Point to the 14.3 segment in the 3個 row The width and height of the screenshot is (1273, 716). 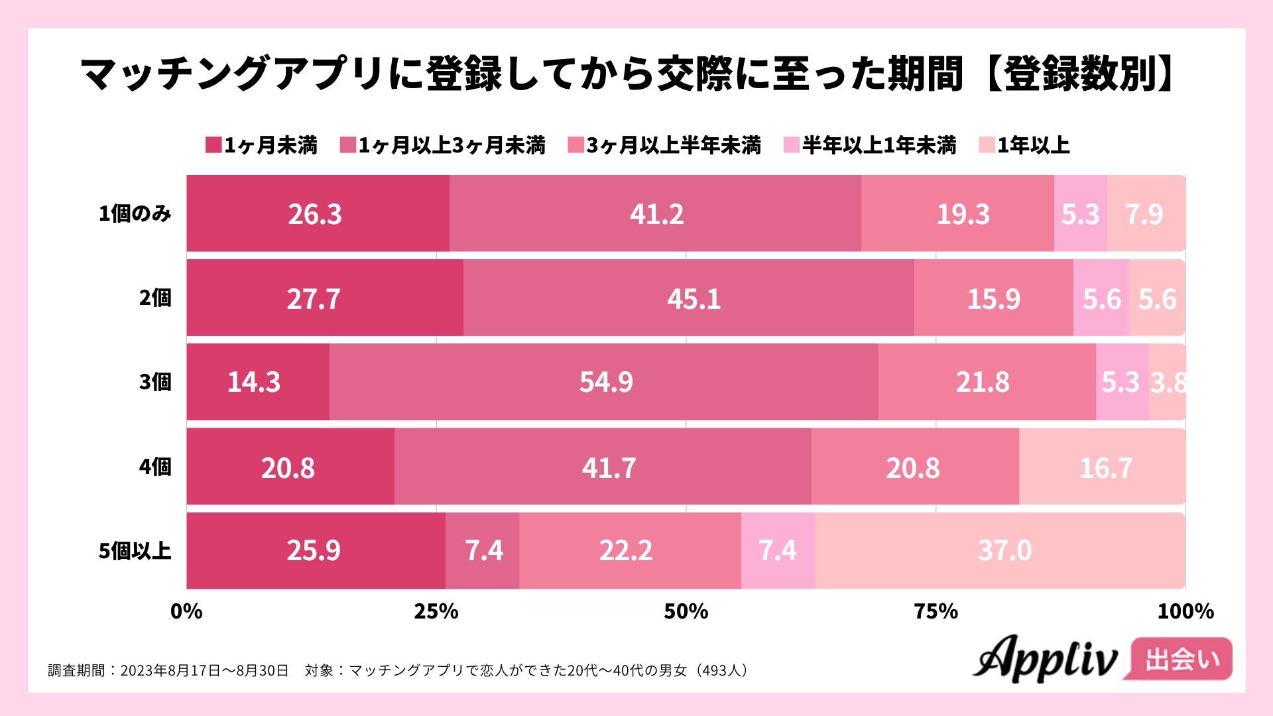tap(255, 382)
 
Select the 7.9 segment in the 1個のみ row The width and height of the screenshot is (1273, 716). tap(1145, 213)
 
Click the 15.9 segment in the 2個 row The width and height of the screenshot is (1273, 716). tap(993, 298)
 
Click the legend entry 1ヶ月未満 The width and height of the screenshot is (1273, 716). tap(263, 145)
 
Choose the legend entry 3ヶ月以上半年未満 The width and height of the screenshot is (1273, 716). tap(665, 145)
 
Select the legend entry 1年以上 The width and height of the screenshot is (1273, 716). tap(1025, 145)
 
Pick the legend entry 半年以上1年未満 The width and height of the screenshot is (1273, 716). tap(871, 145)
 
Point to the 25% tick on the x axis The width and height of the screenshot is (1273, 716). tap(436, 611)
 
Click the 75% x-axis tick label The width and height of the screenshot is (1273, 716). tap(936, 611)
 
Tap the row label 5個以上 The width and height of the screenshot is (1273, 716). tap(135, 550)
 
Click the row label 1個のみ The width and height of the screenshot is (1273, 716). tap(135, 213)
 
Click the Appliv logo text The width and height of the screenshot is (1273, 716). tap(1046, 659)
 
